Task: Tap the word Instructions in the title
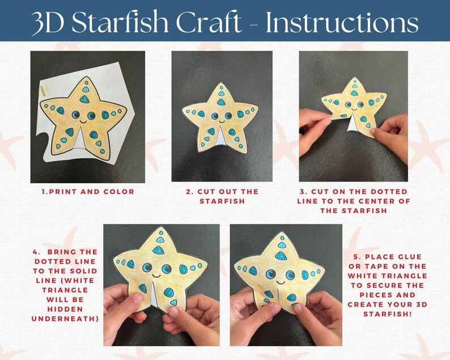[x=342, y=23]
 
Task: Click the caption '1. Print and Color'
[x=88, y=192]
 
